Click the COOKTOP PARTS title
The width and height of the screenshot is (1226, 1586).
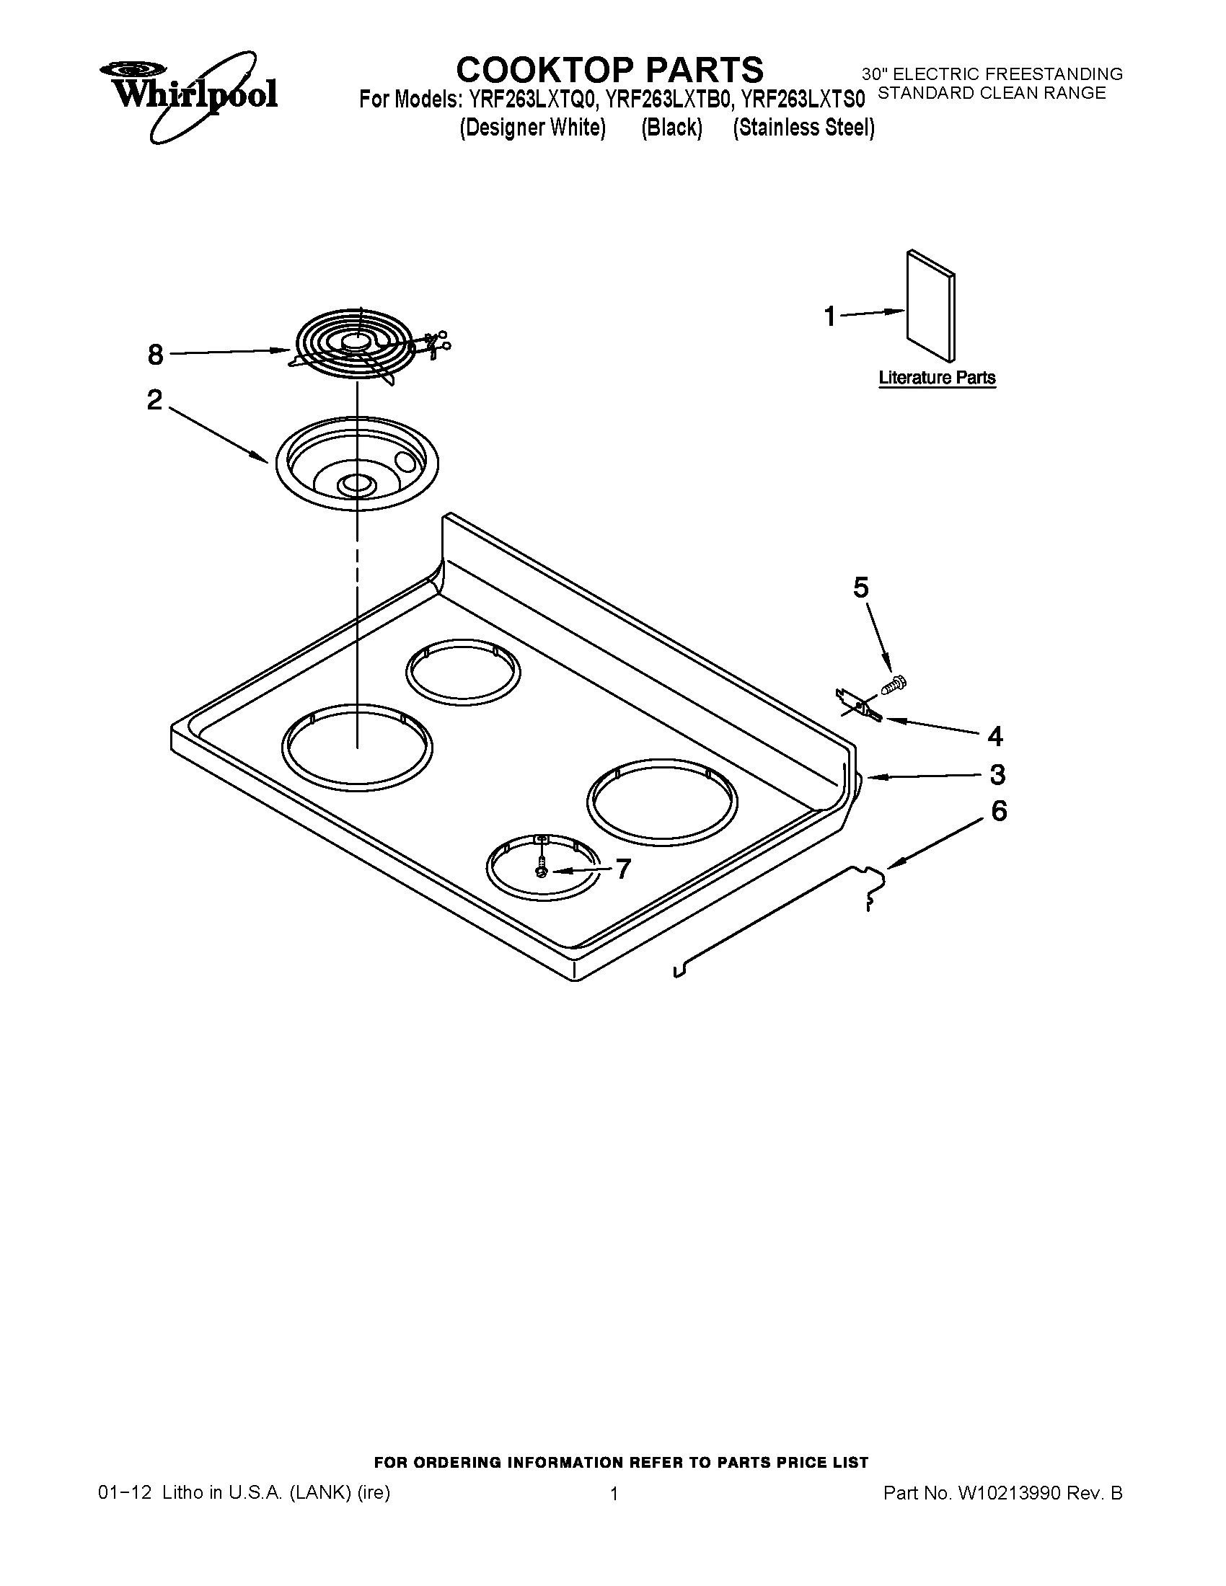pyautogui.click(x=609, y=70)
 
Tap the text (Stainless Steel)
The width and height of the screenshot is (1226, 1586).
pyautogui.click(x=803, y=128)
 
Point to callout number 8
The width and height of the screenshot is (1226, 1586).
pyautogui.click(x=156, y=355)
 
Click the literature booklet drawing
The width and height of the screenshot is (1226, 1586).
pyautogui.click(x=930, y=306)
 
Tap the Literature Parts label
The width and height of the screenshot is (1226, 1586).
pyautogui.click(x=936, y=378)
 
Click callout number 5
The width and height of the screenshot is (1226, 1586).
pyautogui.click(x=860, y=588)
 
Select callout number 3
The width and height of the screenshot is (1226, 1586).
pyautogui.click(x=997, y=775)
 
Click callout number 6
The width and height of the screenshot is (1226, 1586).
pyautogui.click(x=1000, y=811)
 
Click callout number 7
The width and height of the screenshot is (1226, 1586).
pyautogui.click(x=623, y=869)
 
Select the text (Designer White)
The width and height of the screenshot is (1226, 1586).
pyautogui.click(x=532, y=128)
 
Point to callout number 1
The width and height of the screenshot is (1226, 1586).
pyautogui.click(x=830, y=316)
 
